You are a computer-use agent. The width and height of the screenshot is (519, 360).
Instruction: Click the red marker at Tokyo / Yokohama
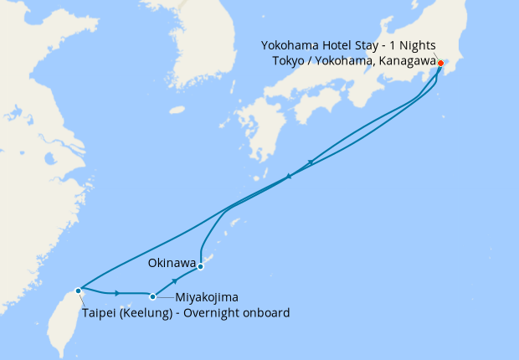441,63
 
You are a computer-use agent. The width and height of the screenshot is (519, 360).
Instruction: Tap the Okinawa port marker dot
201,267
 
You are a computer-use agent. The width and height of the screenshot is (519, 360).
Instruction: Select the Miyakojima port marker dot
152,296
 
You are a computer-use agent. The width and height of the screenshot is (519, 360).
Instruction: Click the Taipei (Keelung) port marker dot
78,291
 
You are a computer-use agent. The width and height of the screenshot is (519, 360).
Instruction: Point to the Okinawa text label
172,263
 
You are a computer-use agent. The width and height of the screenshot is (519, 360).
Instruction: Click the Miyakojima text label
206,297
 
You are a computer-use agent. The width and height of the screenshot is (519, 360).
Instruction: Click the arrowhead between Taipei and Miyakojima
117,293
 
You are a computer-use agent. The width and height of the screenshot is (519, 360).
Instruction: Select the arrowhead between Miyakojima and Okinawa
174,281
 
